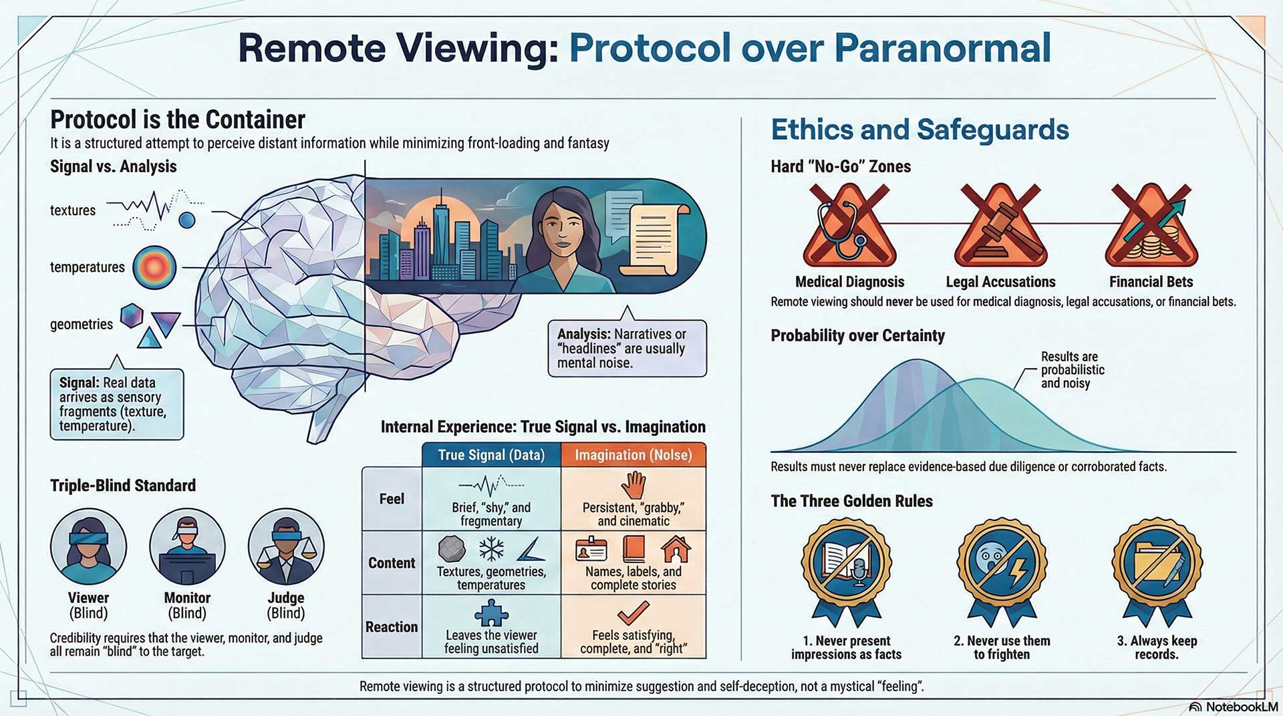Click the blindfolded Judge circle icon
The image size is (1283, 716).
[286, 546]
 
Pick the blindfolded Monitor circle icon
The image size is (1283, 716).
[187, 546]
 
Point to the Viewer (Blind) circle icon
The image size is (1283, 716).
[88, 546]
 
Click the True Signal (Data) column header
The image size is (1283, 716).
[491, 455]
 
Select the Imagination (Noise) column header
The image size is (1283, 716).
[633, 455]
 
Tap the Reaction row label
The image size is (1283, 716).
[392, 626]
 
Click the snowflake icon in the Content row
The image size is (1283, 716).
[491, 549]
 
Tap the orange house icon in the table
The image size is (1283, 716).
[676, 550]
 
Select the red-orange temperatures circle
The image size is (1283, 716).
[154, 267]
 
